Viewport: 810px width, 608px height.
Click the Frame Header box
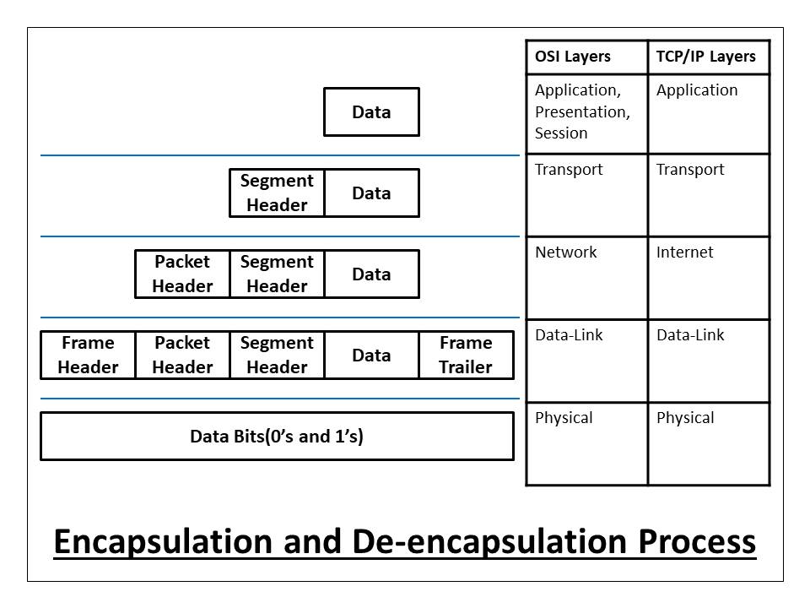88,355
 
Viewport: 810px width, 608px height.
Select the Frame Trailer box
466,355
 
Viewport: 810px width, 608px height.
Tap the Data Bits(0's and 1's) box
277,437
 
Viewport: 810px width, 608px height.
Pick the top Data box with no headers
371,112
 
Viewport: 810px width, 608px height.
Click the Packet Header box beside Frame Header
182,355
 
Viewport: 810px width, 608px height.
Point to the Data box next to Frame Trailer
371,355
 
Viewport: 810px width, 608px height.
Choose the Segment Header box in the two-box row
277,193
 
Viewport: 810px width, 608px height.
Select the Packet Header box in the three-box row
182,274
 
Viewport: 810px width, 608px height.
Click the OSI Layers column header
573,57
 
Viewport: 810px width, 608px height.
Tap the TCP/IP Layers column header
706,57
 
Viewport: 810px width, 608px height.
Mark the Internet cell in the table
684,252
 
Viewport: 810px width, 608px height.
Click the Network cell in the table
565,252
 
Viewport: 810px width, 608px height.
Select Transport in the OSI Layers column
569,170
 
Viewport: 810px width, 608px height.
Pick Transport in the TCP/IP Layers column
690,170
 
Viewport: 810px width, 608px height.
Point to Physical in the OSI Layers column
564,418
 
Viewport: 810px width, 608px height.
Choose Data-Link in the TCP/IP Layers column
690,335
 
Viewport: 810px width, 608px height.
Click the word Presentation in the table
582,111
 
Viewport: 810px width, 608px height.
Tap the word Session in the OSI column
561,133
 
